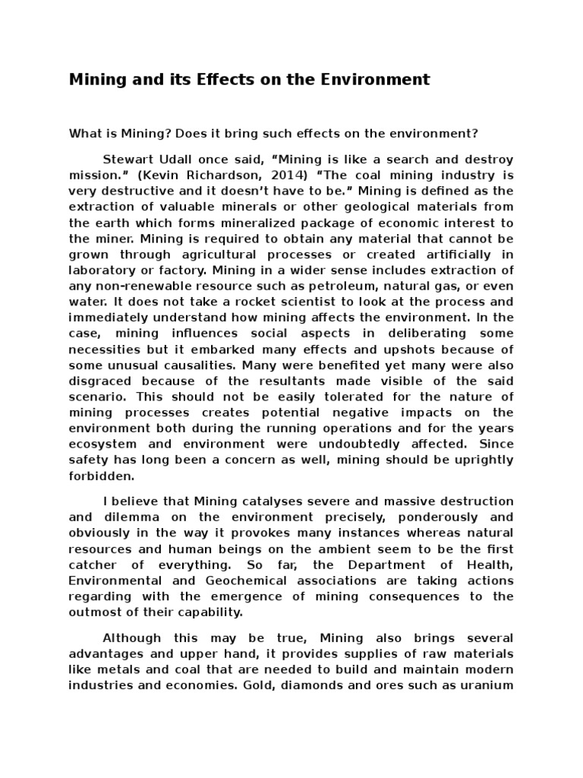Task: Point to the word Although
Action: (x=131, y=637)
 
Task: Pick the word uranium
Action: (x=488, y=685)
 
